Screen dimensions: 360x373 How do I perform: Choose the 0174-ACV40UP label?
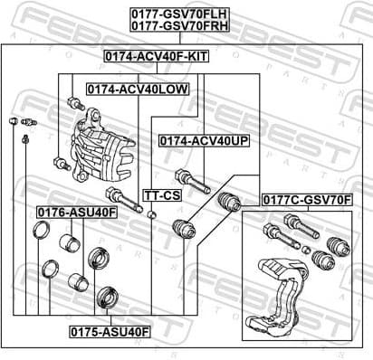[x=204, y=141]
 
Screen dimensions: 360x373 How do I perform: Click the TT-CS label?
[x=162, y=195]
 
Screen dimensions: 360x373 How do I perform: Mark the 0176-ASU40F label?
[x=77, y=212]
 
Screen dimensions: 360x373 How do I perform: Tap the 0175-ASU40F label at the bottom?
[x=111, y=331]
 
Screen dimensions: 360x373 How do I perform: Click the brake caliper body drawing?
[x=96, y=149]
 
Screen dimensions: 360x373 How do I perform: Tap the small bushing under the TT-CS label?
[x=153, y=214]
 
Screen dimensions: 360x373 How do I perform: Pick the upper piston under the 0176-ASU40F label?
[x=68, y=242]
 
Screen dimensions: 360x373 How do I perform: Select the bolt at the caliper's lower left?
[x=62, y=164]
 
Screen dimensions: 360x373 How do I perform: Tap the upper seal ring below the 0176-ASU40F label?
[x=41, y=231]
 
